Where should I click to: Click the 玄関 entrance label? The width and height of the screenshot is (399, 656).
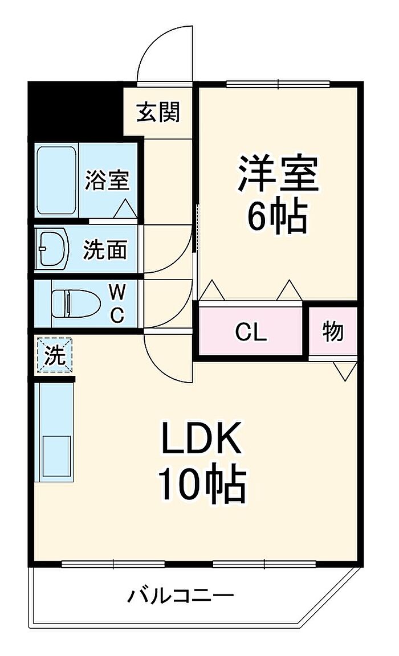158,112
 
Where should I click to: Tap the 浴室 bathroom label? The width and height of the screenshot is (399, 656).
107,181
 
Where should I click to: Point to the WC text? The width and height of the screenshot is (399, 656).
117,305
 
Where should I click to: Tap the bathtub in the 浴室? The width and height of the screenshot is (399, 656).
56,181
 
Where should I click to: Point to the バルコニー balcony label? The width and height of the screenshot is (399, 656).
180,596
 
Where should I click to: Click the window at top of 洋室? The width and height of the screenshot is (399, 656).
278,85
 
